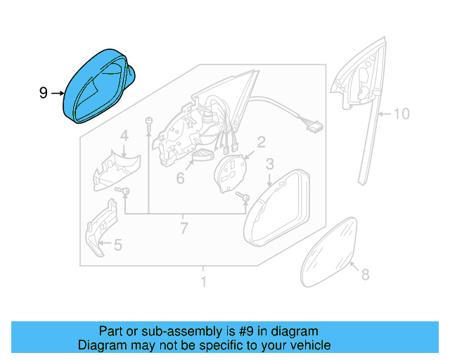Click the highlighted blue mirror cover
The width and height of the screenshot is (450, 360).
point(98,88)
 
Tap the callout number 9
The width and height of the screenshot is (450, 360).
point(44,92)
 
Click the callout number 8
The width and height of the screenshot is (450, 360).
point(364,276)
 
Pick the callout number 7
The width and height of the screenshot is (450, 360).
point(184,229)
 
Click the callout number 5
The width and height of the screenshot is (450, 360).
point(117,245)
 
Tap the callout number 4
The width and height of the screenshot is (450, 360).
point(124,136)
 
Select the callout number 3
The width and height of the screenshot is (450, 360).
point(269,165)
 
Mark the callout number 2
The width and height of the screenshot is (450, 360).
point(260,143)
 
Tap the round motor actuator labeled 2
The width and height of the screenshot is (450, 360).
point(229,173)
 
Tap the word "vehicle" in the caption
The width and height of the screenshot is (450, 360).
point(309,345)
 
